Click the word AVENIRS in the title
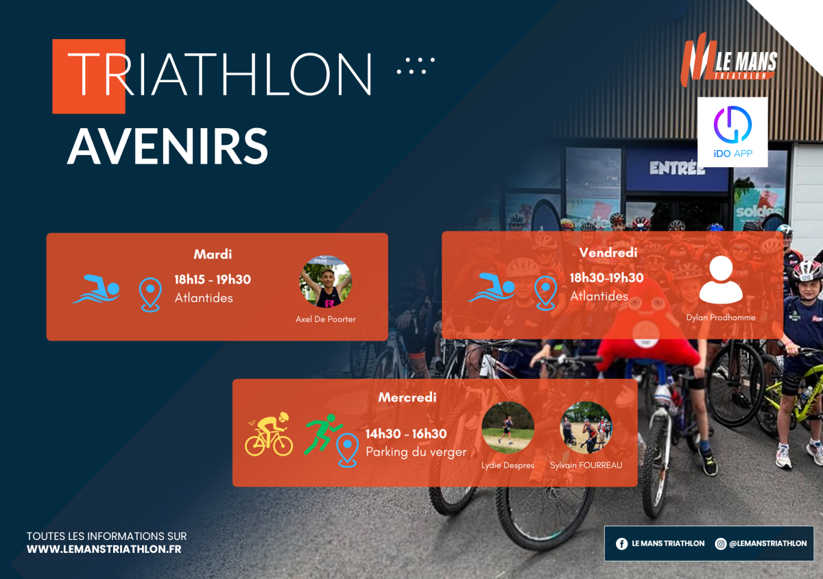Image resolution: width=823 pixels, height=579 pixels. [x=167, y=146]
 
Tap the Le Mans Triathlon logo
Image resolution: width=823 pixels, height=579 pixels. [x=728, y=60]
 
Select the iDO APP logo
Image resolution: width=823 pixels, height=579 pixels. [x=732, y=132]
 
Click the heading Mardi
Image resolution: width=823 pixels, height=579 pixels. [x=213, y=254]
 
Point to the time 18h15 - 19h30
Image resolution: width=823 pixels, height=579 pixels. [x=213, y=280]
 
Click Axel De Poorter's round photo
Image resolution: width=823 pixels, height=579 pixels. [x=326, y=282]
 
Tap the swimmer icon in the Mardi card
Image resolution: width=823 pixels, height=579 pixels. [x=96, y=289]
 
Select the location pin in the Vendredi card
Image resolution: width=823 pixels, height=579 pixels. [x=545, y=293]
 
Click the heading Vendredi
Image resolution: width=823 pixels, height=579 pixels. [x=608, y=253]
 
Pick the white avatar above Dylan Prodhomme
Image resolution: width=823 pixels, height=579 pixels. [x=721, y=280]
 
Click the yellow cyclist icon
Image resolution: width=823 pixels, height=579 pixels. [x=269, y=434]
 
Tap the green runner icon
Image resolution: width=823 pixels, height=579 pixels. [x=323, y=434]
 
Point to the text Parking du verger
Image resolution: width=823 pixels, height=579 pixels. [x=416, y=452]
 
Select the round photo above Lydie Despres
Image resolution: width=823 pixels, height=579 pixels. [x=508, y=428]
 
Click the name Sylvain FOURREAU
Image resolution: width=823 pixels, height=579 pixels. [x=586, y=465]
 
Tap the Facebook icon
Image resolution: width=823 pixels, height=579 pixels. [x=621, y=544]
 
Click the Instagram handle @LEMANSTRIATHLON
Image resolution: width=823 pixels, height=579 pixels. [x=768, y=543]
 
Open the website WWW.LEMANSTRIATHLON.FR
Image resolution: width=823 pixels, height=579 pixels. [x=104, y=550]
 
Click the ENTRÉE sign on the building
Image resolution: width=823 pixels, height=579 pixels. [x=677, y=168]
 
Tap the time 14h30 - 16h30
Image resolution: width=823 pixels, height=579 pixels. [x=406, y=434]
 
